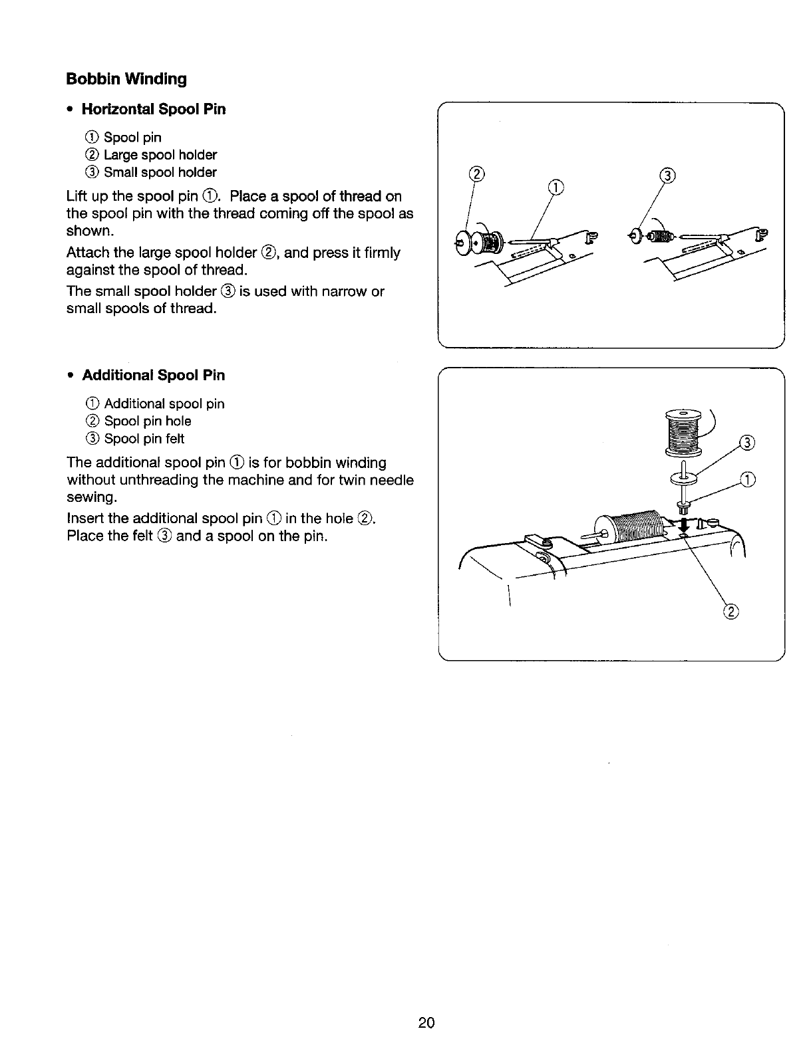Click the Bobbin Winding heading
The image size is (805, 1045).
coord(126,79)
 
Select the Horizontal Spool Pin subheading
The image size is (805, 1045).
coord(153,109)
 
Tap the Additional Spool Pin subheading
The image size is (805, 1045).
coord(153,375)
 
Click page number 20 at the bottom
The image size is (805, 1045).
coord(426,1022)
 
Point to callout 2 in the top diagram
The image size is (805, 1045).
coord(476,175)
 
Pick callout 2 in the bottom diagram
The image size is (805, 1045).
coord(730,612)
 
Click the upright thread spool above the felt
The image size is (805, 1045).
coord(683,433)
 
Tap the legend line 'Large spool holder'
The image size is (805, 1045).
coord(160,155)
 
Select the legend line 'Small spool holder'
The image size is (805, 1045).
coord(160,172)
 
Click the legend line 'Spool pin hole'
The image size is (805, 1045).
coord(147,421)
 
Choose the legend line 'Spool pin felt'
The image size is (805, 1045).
coord(144,438)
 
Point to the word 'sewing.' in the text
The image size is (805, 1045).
coord(92,497)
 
